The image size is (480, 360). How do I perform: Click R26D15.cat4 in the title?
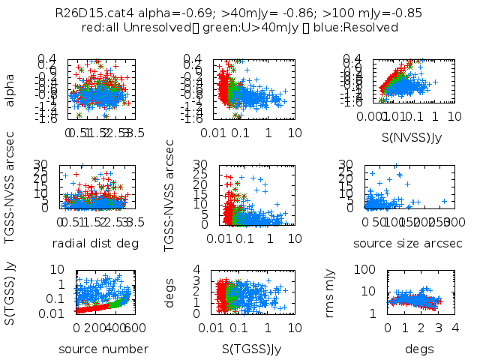[88, 13]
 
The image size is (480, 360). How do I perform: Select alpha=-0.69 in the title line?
[155, 13]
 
